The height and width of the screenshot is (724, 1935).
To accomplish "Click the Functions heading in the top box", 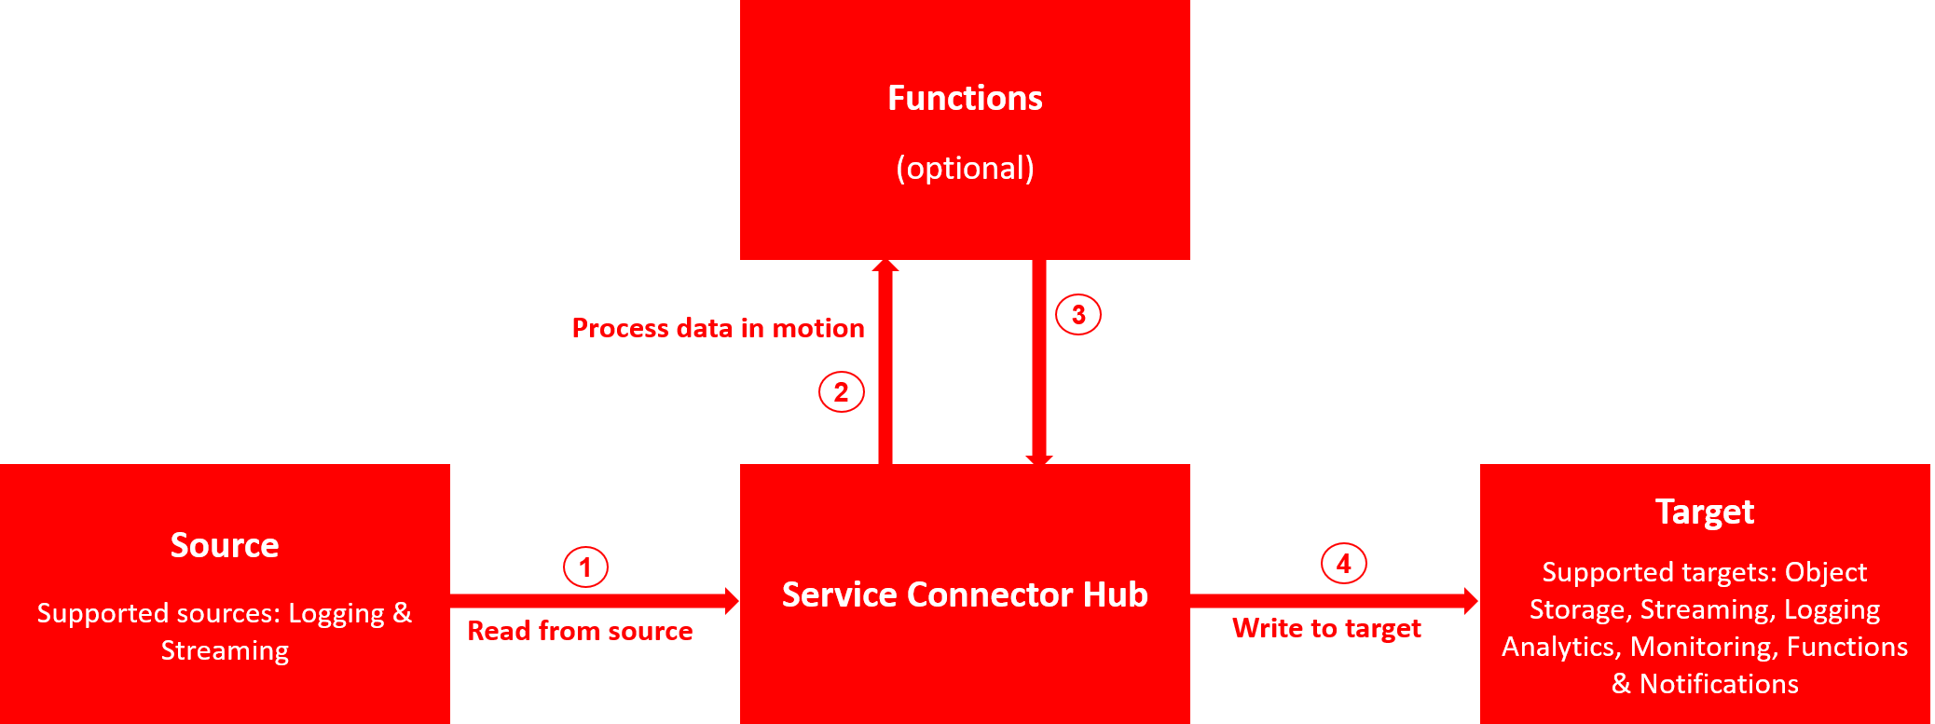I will [x=965, y=98].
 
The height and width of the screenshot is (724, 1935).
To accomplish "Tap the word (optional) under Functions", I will [x=965, y=168].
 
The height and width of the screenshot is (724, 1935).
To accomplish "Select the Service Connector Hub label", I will [x=965, y=594].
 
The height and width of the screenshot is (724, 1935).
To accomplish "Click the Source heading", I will [x=225, y=545].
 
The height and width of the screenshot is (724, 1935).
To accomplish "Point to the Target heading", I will [x=1705, y=512].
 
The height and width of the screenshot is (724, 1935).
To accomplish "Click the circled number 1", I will [x=585, y=567].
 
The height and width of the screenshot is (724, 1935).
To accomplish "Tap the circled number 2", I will [x=841, y=391].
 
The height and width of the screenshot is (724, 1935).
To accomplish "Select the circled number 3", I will [x=1077, y=314].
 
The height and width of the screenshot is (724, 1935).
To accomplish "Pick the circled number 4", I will [x=1343, y=563].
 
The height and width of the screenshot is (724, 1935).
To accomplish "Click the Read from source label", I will [x=580, y=631].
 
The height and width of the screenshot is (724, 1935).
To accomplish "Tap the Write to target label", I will [x=1326, y=628].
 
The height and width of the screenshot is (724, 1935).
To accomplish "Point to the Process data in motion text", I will [x=718, y=328].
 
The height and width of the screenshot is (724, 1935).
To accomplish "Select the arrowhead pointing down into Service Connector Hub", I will [x=1039, y=458].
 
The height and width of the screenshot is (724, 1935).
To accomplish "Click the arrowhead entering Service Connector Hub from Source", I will [x=732, y=600].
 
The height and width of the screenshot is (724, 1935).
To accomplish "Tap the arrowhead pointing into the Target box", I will [x=1471, y=601].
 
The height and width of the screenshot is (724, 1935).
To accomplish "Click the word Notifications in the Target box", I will [x=1719, y=684].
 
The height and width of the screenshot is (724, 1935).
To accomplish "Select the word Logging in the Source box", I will [x=336, y=613].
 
